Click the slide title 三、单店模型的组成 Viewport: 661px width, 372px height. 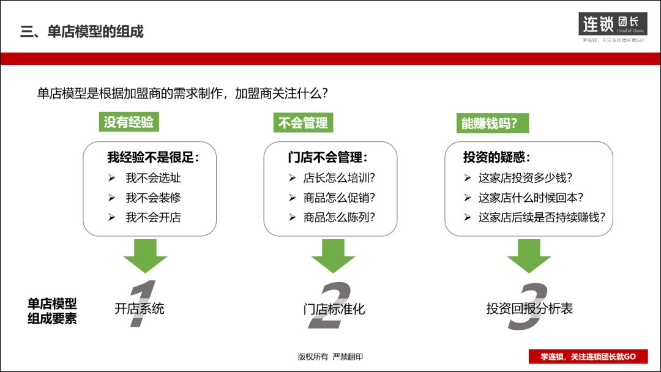82,32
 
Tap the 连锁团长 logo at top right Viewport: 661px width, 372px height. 612,24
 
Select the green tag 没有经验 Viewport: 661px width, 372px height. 129,122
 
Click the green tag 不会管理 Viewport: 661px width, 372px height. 303,123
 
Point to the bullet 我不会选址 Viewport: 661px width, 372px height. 153,178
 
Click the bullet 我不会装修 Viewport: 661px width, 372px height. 153,198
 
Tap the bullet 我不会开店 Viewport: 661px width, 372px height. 153,217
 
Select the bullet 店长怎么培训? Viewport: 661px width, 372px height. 339,178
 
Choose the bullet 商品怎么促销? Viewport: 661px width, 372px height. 339,198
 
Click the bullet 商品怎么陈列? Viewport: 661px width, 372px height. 339,217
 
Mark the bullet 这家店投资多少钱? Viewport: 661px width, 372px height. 525,178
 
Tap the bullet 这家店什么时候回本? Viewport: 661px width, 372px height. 531,198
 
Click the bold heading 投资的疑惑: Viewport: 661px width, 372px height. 497,157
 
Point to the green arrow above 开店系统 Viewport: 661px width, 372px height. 145,255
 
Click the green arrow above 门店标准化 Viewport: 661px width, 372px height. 333,255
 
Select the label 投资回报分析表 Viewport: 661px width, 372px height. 529,308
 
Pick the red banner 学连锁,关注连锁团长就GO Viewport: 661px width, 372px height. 588,357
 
